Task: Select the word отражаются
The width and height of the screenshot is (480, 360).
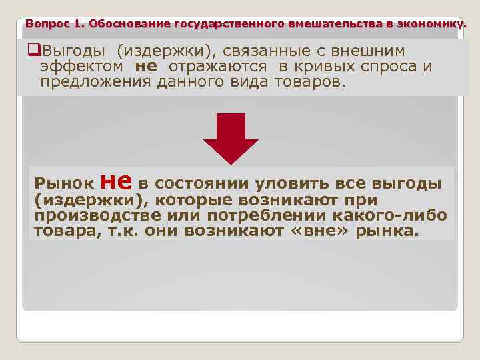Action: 226,67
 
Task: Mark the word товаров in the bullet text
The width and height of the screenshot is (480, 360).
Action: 311,82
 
